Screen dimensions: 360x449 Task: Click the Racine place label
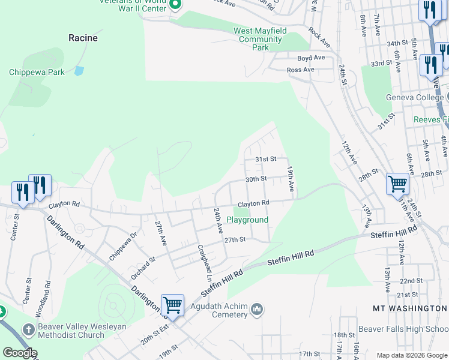(83, 38)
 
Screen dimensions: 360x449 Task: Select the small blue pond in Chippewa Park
(79, 71)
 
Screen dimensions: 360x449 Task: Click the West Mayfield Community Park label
(259, 39)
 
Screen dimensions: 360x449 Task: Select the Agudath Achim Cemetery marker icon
(258, 310)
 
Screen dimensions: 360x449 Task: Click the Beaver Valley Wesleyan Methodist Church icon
(28, 329)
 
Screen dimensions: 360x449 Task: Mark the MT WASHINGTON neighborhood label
(410, 308)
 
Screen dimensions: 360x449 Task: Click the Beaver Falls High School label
(403, 329)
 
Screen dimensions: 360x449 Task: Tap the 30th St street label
(256, 179)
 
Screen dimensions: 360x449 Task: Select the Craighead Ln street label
(205, 263)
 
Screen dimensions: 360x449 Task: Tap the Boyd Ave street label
(311, 58)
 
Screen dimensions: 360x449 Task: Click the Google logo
(20, 352)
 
